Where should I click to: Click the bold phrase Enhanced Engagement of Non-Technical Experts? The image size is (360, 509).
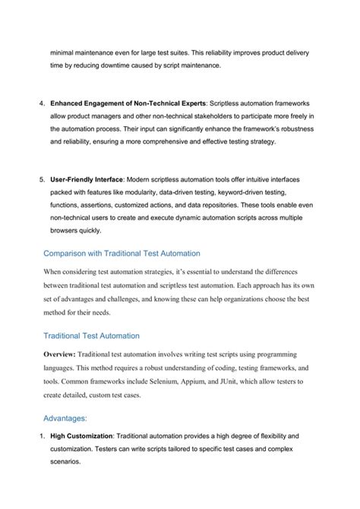(x=128, y=102)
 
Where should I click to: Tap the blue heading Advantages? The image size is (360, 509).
(x=65, y=418)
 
